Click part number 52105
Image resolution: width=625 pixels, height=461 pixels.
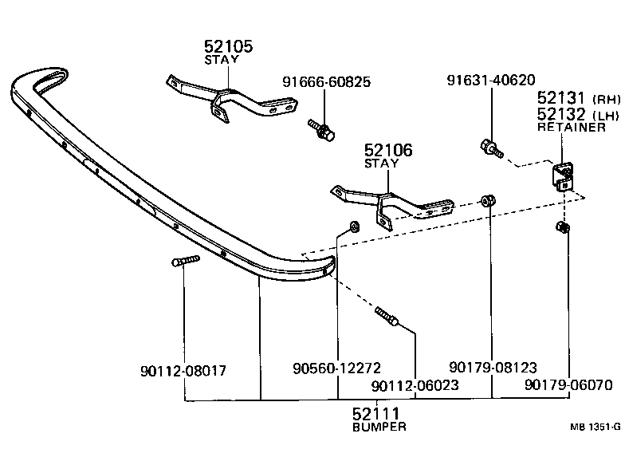click(229, 47)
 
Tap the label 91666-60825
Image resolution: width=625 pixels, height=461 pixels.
click(327, 82)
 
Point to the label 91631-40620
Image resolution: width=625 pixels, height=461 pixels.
click(490, 80)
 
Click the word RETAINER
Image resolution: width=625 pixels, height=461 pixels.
click(571, 128)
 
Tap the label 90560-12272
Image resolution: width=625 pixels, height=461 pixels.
click(337, 368)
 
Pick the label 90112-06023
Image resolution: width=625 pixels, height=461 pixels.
click(415, 385)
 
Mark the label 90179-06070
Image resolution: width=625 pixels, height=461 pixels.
click(568, 385)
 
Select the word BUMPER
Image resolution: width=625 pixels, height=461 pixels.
click(379, 427)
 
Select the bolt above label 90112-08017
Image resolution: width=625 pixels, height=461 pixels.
click(184, 260)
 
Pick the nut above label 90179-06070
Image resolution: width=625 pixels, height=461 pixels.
click(563, 230)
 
